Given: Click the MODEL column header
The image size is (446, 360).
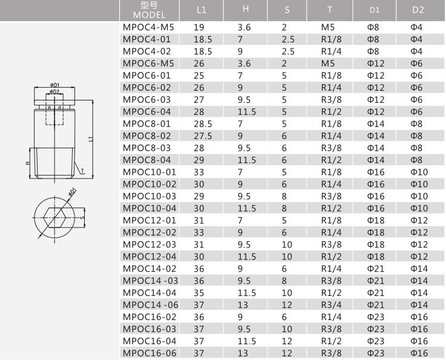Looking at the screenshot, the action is click(149, 15).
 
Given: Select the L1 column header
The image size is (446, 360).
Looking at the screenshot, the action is click(202, 10).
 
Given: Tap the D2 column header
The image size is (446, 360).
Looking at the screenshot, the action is click(418, 10).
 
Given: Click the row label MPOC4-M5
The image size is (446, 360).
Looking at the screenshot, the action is click(148, 27).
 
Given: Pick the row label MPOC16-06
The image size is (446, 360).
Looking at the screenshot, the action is click(149, 353).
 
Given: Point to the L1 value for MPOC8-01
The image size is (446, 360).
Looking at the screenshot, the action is click(203, 124).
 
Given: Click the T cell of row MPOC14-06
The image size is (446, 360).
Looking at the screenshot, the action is click(332, 305).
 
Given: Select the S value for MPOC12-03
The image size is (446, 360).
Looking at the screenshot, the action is click(287, 244).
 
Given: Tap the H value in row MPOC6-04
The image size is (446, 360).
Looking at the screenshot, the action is click(247, 112).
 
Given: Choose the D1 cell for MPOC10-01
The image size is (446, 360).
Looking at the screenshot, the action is click(376, 172).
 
